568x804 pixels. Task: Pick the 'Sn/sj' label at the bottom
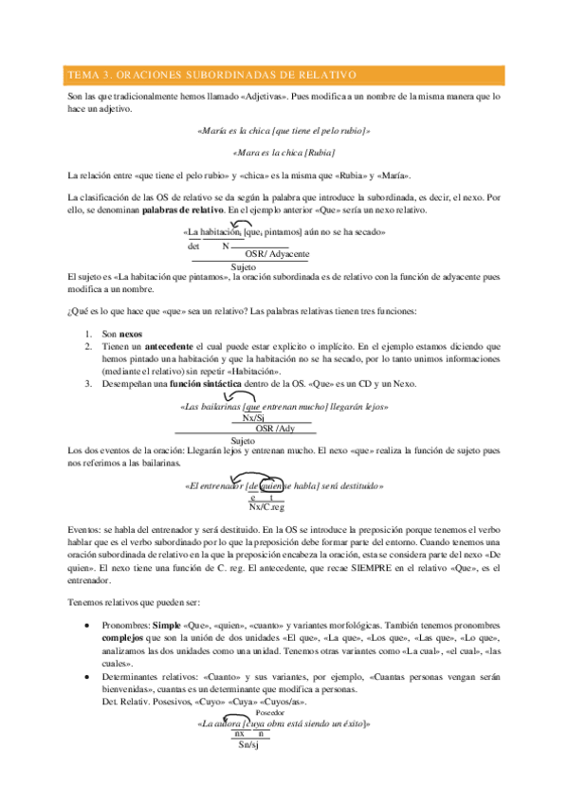(x=251, y=744)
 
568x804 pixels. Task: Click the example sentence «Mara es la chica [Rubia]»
(x=284, y=152)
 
